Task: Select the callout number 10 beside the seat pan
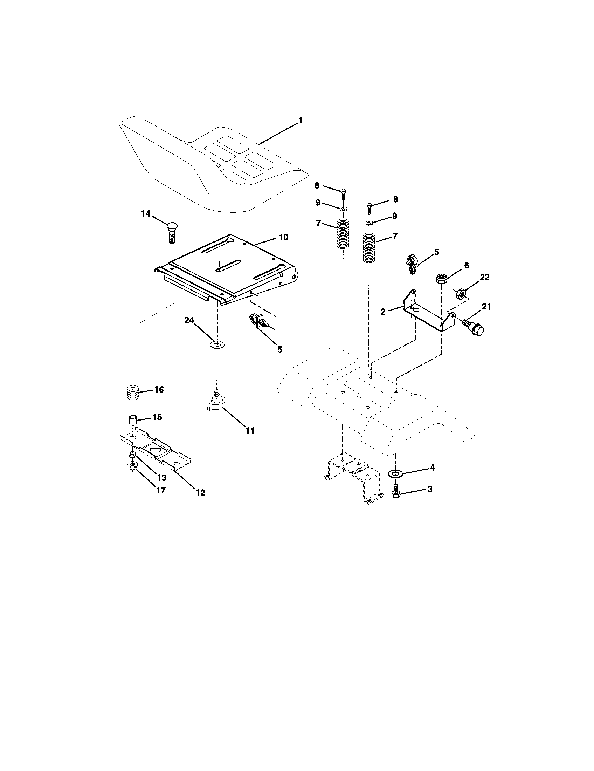pos(284,237)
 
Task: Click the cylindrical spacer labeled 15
pos(132,421)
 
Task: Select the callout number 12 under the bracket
pos(200,492)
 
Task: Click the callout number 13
pos(161,478)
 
